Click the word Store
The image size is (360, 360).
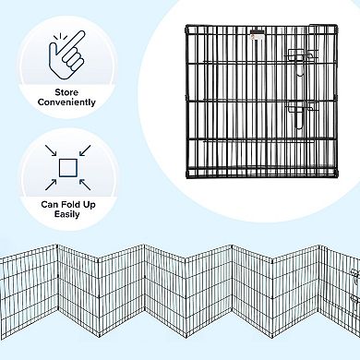click(x=69, y=90)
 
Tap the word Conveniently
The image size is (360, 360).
click(x=69, y=102)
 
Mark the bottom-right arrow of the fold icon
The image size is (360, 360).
click(x=84, y=184)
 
